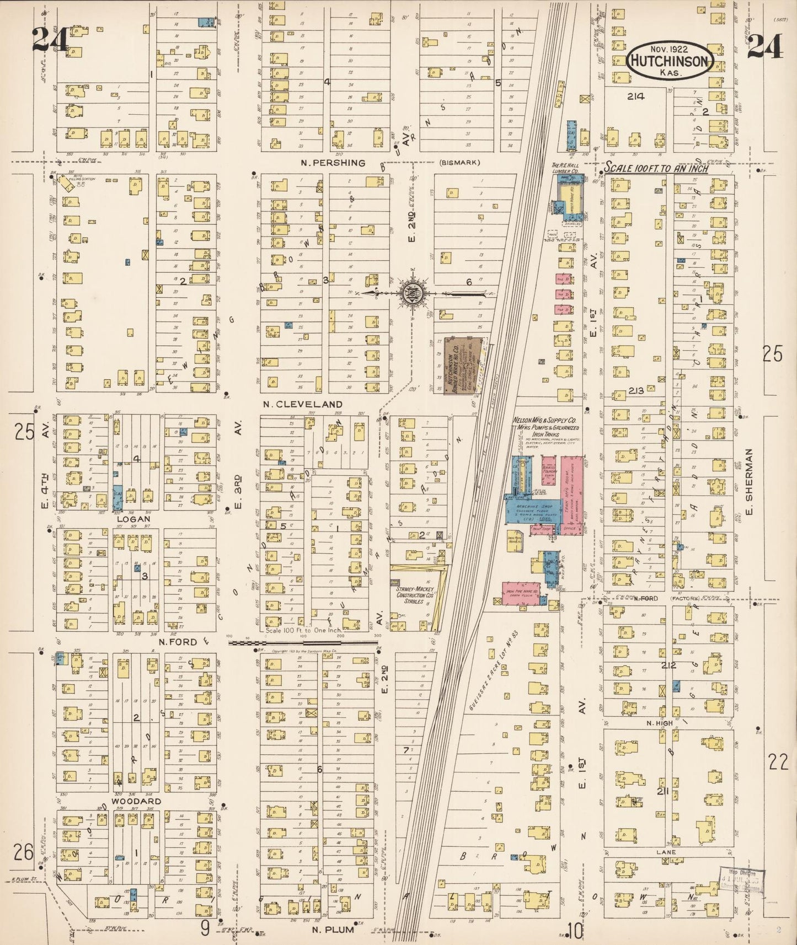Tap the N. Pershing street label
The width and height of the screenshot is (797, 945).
pyautogui.click(x=333, y=163)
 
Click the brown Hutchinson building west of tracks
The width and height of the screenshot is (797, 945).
pyautogui.click(x=463, y=364)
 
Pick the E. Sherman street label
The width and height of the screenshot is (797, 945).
pyautogui.click(x=748, y=475)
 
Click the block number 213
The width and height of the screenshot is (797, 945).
pyautogui.click(x=636, y=391)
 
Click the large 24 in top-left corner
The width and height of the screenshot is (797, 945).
pyautogui.click(x=50, y=40)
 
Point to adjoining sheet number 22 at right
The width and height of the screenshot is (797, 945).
pyautogui.click(x=779, y=763)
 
